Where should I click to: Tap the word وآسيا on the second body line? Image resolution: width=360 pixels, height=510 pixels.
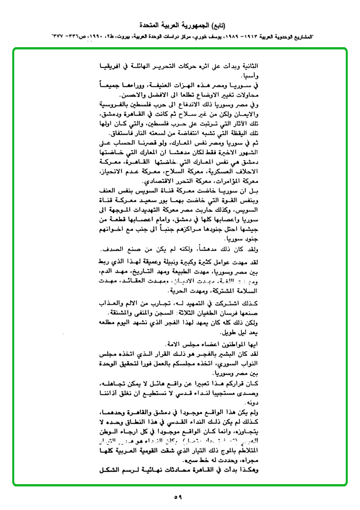[x=250, y=75]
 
